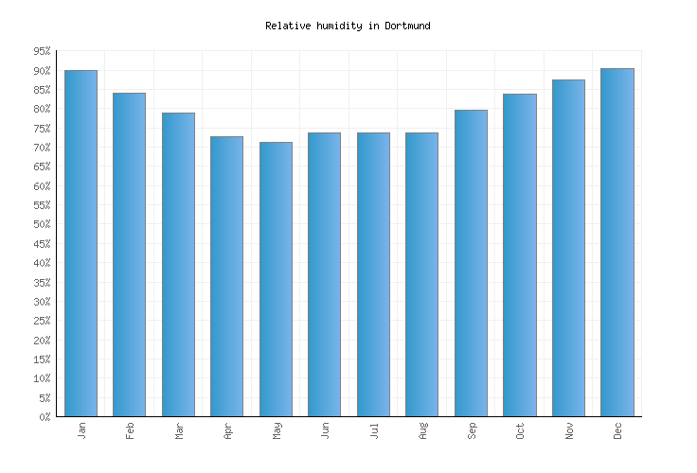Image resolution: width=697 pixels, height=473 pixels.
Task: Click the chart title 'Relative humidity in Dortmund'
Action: click(348, 26)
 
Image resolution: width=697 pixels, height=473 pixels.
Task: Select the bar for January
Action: click(80, 243)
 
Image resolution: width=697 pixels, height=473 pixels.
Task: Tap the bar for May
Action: click(276, 279)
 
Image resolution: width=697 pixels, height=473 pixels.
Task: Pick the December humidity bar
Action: click(617, 242)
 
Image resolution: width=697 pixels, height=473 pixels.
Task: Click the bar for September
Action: click(471, 263)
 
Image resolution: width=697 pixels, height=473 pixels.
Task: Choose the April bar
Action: click(226, 276)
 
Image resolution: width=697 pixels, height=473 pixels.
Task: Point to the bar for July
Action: click(373, 274)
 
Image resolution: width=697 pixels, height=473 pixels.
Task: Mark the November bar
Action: click(568, 248)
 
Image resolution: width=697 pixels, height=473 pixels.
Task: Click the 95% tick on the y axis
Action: click(41, 52)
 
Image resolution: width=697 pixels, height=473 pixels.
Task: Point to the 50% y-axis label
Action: click(41, 225)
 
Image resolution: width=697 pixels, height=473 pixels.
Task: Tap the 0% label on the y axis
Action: click(44, 417)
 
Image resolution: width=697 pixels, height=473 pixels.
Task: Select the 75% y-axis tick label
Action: click(41, 129)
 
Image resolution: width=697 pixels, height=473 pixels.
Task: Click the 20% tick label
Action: click(41, 341)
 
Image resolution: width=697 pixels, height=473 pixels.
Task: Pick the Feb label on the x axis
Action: click(130, 430)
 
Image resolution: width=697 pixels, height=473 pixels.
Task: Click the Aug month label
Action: click(422, 430)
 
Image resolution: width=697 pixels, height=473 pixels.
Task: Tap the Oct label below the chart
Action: click(520, 430)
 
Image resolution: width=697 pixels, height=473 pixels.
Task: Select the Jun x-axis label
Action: click(325, 430)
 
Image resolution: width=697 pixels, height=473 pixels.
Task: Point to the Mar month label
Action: click(178, 430)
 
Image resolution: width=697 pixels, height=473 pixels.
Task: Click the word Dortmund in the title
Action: click(407, 26)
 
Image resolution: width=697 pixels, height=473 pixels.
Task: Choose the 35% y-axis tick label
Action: click(41, 283)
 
